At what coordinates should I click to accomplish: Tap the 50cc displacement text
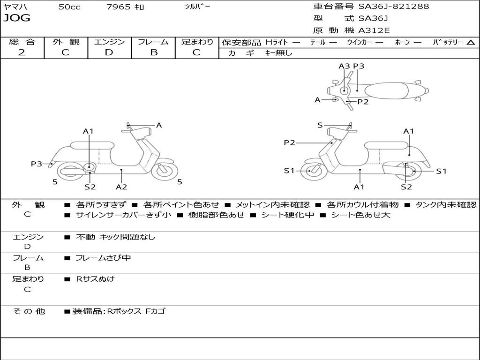[x=69, y=7]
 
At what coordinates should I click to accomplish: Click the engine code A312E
[x=374, y=31]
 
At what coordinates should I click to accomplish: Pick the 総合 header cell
[x=22, y=42]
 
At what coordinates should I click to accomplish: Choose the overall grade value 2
[x=22, y=52]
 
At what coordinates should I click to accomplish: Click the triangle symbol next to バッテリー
[x=471, y=43]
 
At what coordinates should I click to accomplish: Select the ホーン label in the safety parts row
[x=402, y=42]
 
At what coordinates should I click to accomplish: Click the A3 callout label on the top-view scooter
[x=344, y=66]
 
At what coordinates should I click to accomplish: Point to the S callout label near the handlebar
[x=320, y=125]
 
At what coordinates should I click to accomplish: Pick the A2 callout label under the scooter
[x=121, y=187]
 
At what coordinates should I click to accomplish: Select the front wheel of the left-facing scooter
[x=310, y=171]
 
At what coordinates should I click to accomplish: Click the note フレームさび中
[x=103, y=258]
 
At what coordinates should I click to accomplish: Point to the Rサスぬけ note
[x=95, y=279]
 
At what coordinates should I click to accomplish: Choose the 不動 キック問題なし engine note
[x=115, y=237]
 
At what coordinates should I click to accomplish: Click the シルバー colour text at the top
[x=197, y=7]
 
